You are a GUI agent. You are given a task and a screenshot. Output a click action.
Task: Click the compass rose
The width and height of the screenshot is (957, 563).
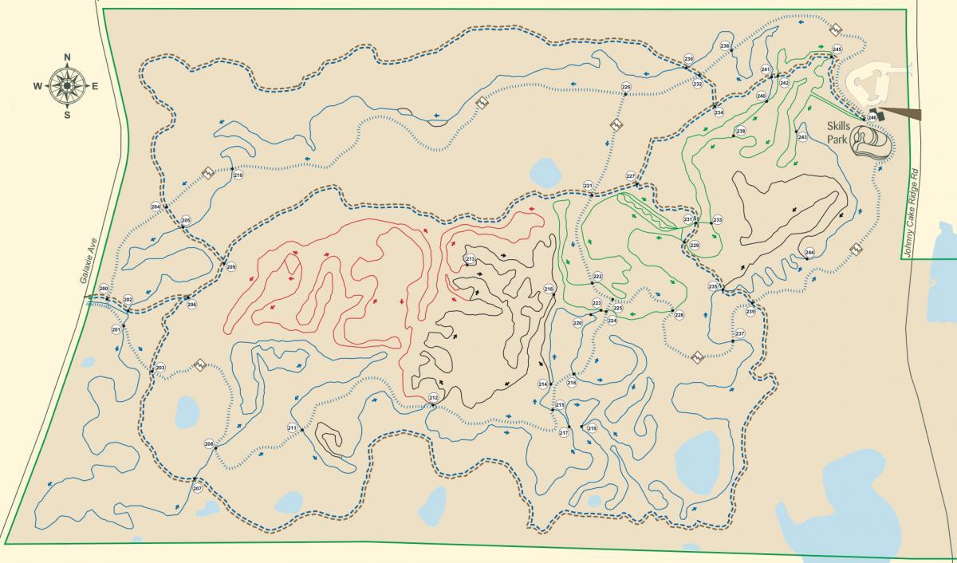tap(67, 85)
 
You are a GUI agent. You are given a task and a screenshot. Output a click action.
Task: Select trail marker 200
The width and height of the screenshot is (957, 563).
tap(104, 289)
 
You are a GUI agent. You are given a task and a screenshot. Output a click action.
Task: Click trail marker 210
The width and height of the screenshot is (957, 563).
tap(238, 175)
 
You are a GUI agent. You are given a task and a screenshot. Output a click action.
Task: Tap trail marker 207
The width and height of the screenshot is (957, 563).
tap(197, 487)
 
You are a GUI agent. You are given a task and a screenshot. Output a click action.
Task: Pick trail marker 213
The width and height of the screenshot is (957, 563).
tap(470, 259)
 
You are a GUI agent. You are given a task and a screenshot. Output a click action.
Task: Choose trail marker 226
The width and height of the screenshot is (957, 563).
tap(626, 87)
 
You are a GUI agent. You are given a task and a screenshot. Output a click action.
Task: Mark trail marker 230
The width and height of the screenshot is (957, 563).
tap(688, 59)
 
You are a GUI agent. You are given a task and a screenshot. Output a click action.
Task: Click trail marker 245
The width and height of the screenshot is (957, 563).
tap(837, 49)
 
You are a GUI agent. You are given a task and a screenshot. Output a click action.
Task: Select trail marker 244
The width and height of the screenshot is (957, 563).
tap(809, 252)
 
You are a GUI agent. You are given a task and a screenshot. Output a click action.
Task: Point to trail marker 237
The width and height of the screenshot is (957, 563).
tap(739, 333)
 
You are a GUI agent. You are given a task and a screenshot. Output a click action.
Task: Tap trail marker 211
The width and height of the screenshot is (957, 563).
tap(292, 428)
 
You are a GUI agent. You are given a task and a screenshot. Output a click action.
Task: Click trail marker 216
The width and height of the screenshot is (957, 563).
tap(549, 289)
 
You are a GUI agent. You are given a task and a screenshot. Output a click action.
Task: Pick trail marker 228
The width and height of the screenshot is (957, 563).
tap(679, 315)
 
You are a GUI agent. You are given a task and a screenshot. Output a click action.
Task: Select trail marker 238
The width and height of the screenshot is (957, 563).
tap(741, 131)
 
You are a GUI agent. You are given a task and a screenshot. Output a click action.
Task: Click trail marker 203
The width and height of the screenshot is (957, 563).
tap(159, 368)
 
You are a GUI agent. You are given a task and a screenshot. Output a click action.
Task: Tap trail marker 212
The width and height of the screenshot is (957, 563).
tap(434, 397)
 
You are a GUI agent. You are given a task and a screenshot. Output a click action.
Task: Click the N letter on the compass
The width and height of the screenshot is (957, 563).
tap(67, 57)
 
